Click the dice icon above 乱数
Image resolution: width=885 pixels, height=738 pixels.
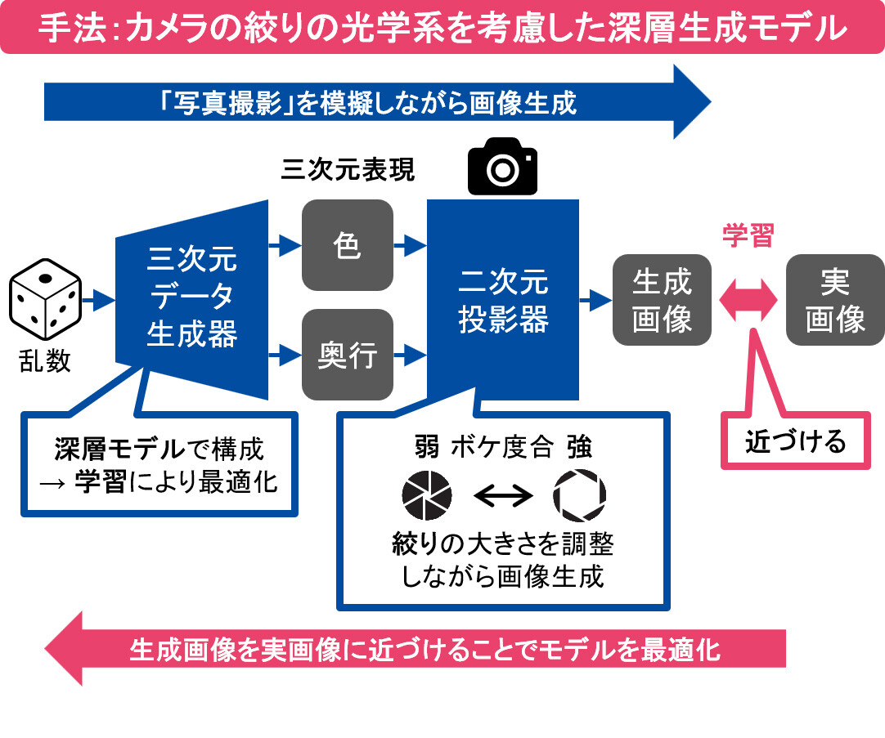(45, 300)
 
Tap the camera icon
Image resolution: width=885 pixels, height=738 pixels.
(501, 167)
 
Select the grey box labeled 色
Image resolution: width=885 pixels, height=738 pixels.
(348, 245)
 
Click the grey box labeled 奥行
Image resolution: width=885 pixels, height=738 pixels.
(348, 355)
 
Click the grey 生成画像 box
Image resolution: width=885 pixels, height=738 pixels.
(662, 300)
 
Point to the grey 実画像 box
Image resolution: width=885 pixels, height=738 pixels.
(834, 300)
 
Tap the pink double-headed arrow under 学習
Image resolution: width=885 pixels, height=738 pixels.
(748, 300)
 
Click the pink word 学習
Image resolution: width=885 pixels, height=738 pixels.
(748, 235)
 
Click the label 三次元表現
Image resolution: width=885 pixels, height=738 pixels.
(348, 169)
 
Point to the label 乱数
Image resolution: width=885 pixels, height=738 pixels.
(45, 360)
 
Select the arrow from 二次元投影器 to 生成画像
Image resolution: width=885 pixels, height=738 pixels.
(595, 300)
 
